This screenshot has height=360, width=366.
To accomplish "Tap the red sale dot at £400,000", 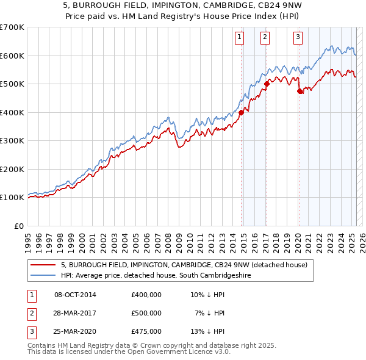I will [242, 112].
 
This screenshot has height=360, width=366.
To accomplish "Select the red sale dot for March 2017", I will [267, 84].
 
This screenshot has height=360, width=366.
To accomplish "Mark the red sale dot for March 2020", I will [300, 92].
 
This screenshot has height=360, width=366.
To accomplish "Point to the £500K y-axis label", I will [13, 84].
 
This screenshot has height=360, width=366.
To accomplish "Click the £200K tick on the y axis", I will [13, 169].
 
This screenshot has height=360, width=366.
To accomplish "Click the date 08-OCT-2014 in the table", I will [75, 295].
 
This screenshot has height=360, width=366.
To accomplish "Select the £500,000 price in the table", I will [146, 313].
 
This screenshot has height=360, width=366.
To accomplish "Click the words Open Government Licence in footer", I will [168, 352].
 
